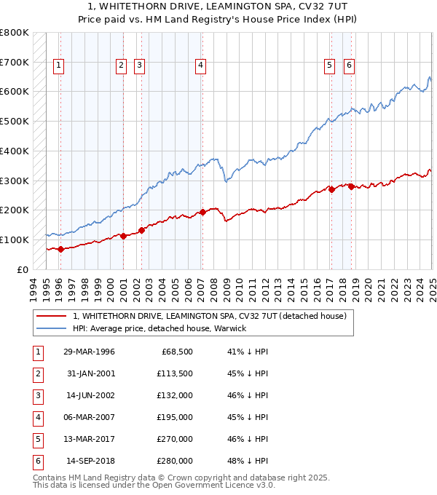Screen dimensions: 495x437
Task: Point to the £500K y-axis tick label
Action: pyautogui.click(x=15, y=121)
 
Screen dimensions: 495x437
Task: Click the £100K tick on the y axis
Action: pyautogui.click(x=15, y=239)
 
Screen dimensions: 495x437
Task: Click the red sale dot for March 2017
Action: pyautogui.click(x=331, y=189)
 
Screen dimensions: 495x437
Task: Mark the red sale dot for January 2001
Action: pyautogui.click(x=124, y=236)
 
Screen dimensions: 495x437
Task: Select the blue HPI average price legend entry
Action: pyautogui.click(x=160, y=328)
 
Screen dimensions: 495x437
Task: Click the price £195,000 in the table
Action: pyautogui.click(x=175, y=417)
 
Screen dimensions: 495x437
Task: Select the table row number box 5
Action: pyautogui.click(x=36, y=439)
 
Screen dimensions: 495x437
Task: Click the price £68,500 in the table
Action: pyautogui.click(x=177, y=352)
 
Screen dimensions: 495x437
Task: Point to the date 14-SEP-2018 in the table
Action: pyautogui.click(x=90, y=461)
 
